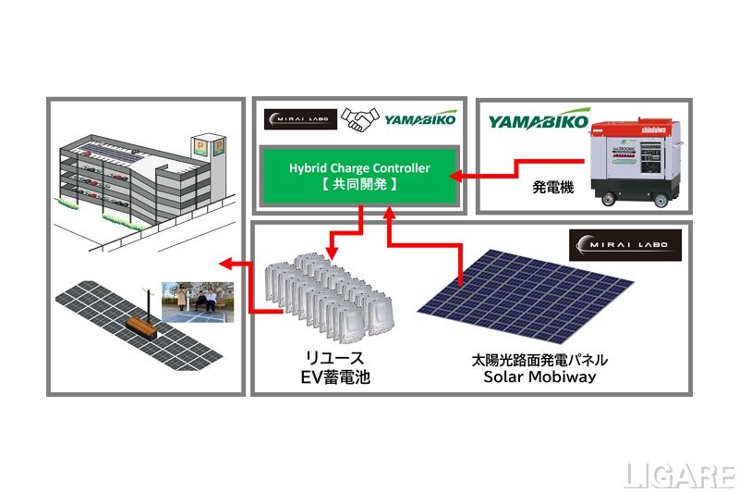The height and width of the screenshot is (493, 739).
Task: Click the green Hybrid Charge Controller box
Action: pos(359,176)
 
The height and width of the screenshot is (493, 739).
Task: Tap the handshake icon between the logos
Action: pos(359,120)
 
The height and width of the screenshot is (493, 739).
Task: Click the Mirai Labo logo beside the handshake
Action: pos(297,120)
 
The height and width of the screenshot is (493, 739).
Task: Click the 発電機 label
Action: pos(552,187)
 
